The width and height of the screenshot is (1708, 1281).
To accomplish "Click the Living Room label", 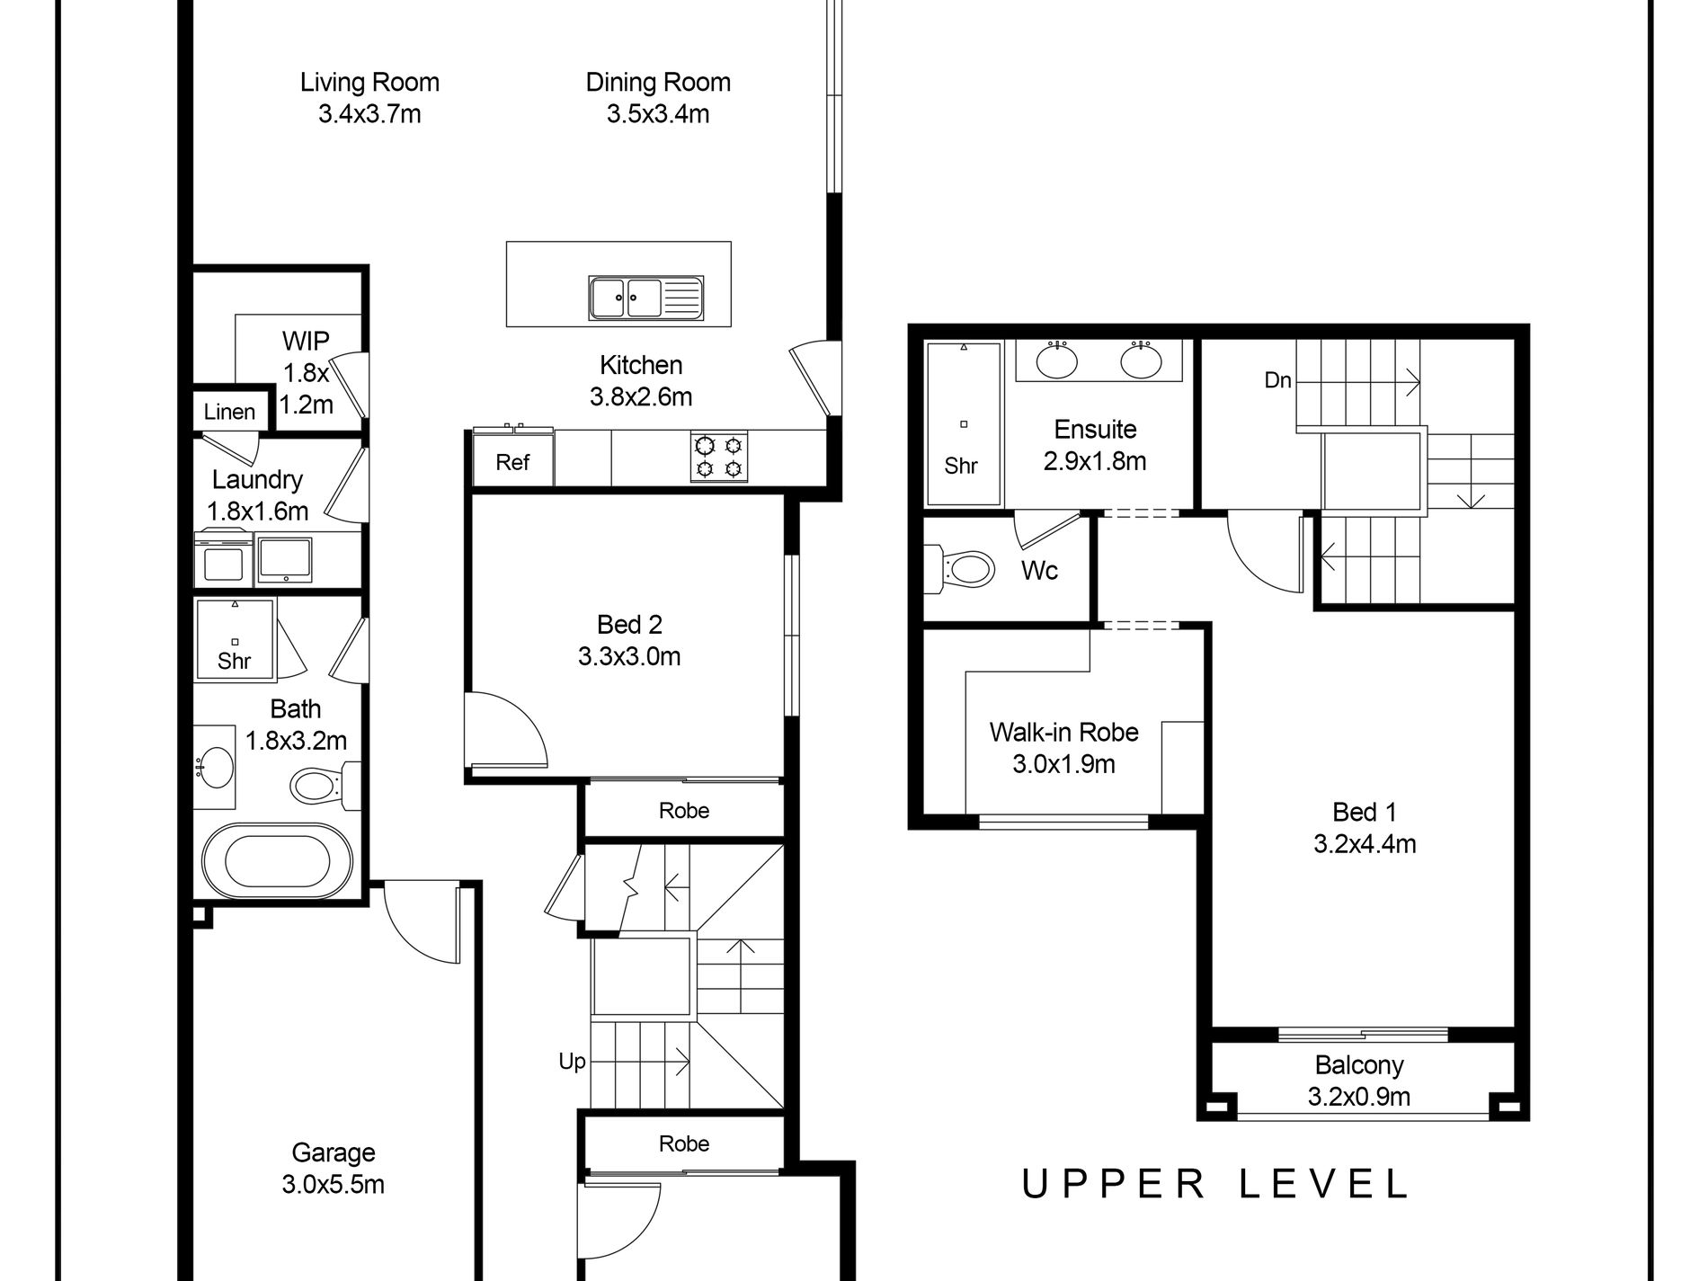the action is click(369, 83).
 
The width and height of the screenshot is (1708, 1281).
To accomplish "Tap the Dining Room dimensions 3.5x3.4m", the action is click(658, 114).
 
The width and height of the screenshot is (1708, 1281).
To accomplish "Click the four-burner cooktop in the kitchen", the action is click(719, 457).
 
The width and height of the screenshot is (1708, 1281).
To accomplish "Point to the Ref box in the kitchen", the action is click(512, 462).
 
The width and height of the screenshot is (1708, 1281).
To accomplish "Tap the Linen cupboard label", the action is click(229, 413).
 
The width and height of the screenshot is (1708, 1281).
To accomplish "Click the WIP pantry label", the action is click(306, 341).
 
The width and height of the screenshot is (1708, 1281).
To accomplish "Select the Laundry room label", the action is click(257, 479).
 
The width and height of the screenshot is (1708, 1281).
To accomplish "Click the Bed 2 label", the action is click(629, 625).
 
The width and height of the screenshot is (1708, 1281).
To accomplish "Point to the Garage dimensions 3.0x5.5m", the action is click(334, 1185).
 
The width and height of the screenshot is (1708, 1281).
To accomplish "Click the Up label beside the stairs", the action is click(572, 1062).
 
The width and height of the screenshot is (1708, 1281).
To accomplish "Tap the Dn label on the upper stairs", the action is click(1277, 380).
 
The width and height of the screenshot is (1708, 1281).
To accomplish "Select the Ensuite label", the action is click(1095, 429).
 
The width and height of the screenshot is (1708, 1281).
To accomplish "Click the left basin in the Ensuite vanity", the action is click(1057, 360).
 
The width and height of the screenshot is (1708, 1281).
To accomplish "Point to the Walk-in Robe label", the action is click(1064, 732).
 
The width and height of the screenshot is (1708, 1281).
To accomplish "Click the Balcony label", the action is click(1359, 1065).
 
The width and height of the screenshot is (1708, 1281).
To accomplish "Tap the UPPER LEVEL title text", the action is click(1215, 1184).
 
